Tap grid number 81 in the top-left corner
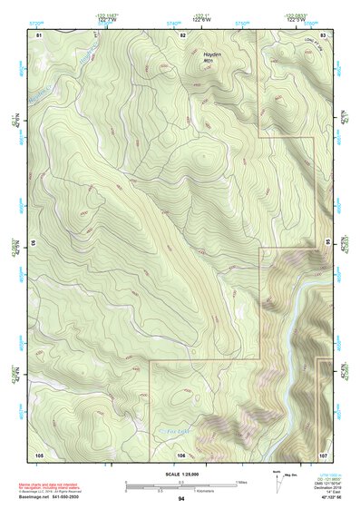39,34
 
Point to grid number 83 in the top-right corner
324,34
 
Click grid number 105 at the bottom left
39,453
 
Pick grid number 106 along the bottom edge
181,453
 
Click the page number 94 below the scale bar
181,499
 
